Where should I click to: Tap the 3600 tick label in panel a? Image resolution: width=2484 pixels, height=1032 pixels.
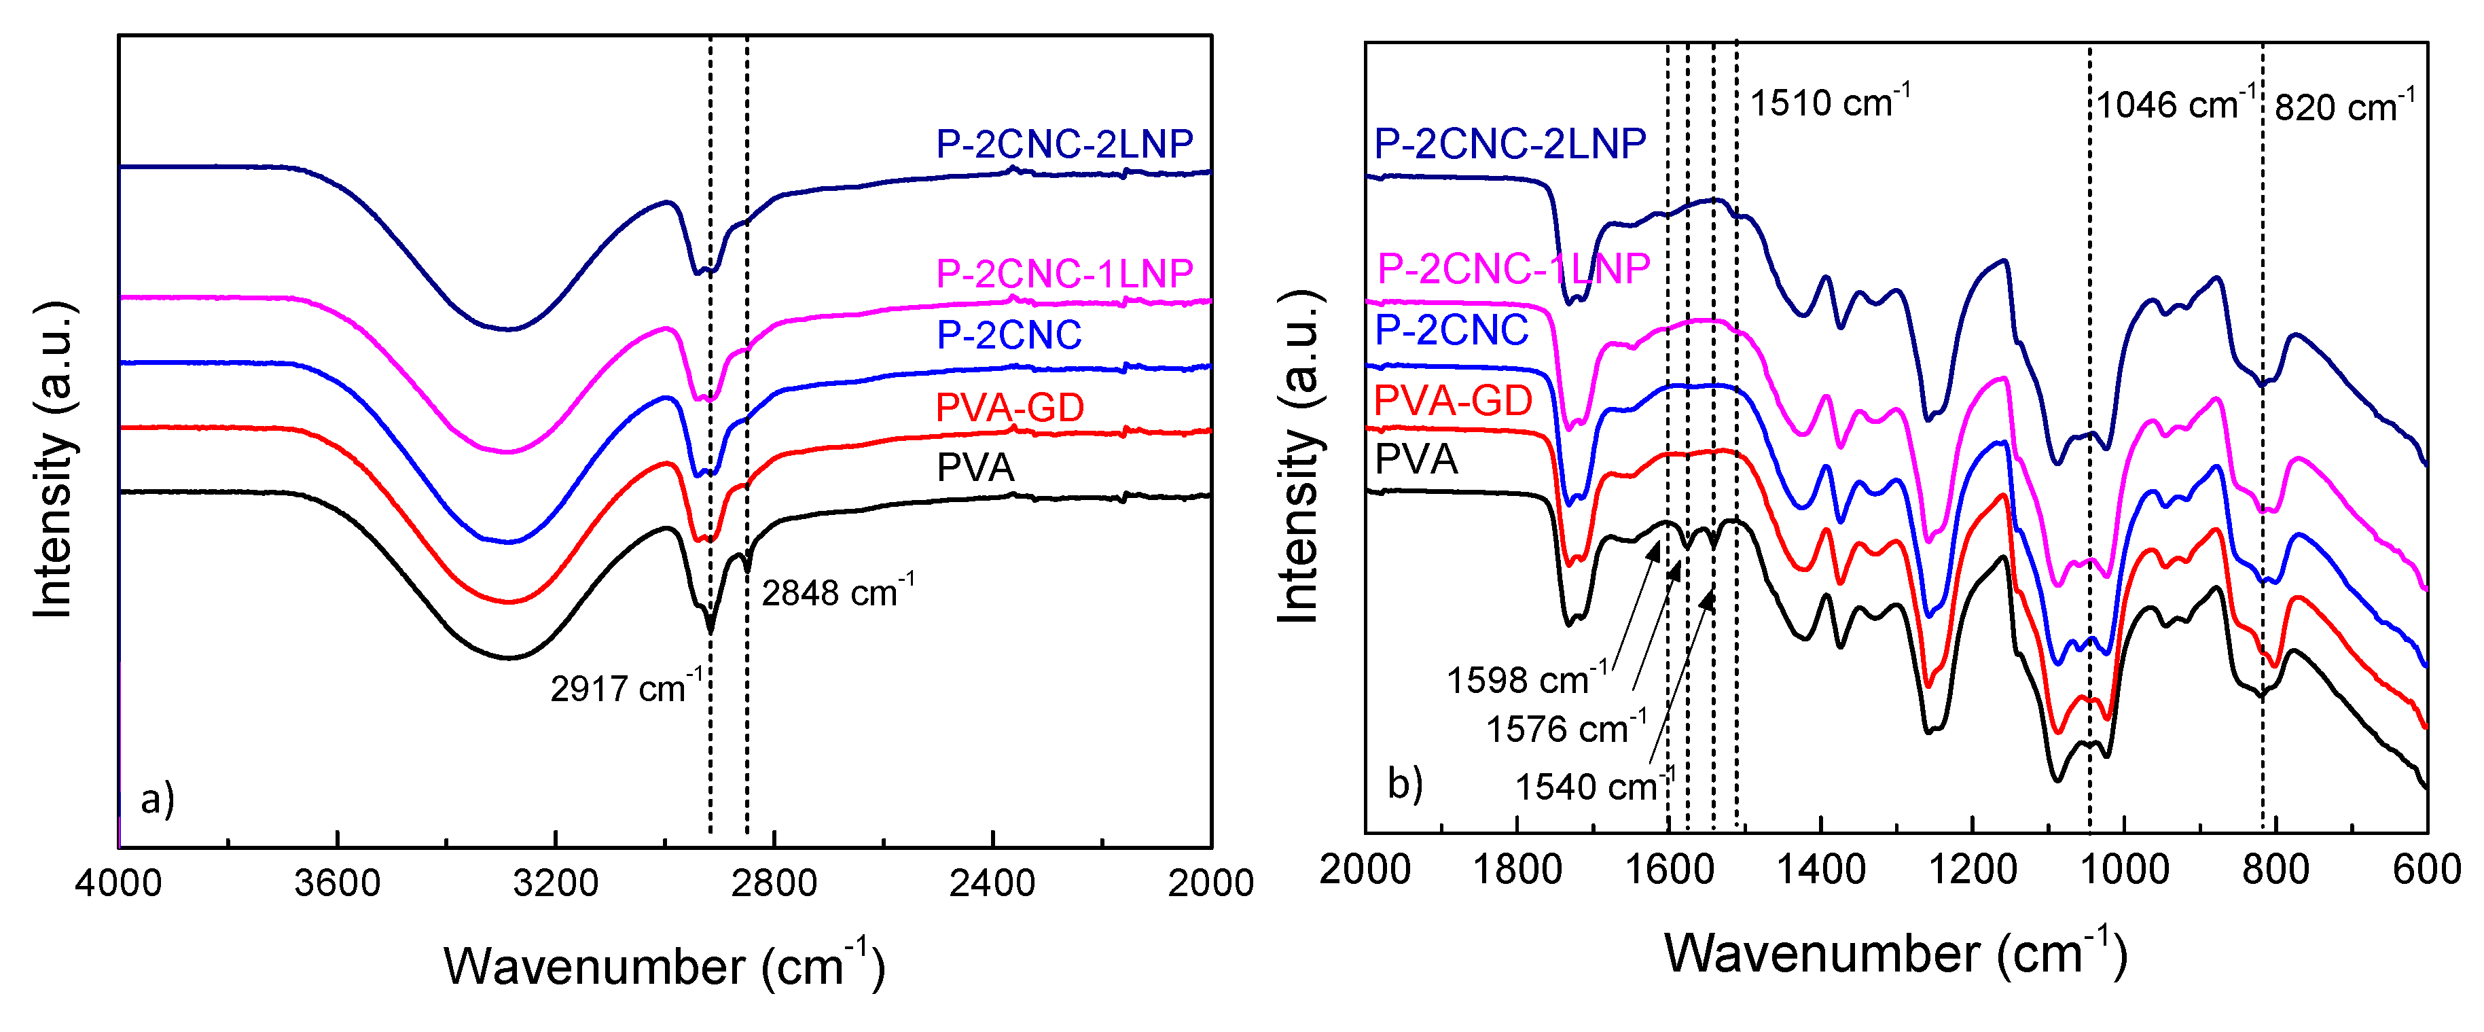(336, 883)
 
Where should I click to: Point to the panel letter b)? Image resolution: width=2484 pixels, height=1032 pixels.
(1404, 783)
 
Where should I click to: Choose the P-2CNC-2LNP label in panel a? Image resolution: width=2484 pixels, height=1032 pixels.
(1064, 145)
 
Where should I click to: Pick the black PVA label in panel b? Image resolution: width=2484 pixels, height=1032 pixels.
(1416, 459)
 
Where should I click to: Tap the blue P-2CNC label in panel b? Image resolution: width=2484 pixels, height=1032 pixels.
(1452, 331)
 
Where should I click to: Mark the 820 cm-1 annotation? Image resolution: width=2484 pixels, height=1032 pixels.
(2344, 106)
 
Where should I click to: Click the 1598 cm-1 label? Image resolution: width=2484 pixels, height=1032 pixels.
(1526, 680)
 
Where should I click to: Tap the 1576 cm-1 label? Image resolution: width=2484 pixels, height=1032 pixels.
(1564, 729)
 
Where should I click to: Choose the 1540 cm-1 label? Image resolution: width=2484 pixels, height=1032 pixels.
(1593, 787)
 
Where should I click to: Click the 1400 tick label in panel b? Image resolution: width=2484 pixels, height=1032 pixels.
(1820, 871)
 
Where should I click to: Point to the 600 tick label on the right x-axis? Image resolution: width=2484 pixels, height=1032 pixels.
(2426, 871)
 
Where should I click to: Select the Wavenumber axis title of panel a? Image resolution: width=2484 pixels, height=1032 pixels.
(664, 965)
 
